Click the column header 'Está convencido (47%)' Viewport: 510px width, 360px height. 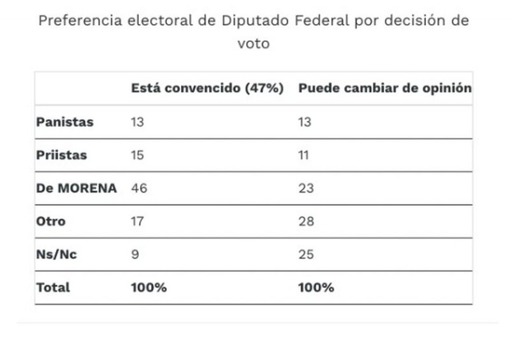tap(207, 89)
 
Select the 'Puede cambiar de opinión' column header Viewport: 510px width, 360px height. tap(384, 89)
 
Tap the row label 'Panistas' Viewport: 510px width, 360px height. tap(65, 122)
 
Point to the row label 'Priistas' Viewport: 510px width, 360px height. tap(62, 155)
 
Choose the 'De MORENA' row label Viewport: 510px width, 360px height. tap(76, 189)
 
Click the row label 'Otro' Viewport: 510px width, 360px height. tap(51, 222)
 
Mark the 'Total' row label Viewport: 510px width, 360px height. tap(53, 287)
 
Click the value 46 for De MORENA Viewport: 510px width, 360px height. tap(138, 189)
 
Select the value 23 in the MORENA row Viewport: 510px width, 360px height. tap(305, 189)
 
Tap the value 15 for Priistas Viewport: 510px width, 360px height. tap(137, 155)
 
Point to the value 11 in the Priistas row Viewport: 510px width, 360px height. tap(304, 155)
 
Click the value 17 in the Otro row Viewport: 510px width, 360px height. tap(137, 222)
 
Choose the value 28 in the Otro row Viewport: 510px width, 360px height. tap(305, 222)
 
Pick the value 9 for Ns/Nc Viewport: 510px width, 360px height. tap(135, 255)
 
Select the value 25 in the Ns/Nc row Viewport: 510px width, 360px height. tap(305, 255)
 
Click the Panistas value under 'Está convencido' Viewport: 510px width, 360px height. tap(137, 122)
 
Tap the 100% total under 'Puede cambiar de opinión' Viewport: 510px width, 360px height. tap(316, 287)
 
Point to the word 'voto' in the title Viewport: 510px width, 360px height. tap(254, 44)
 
